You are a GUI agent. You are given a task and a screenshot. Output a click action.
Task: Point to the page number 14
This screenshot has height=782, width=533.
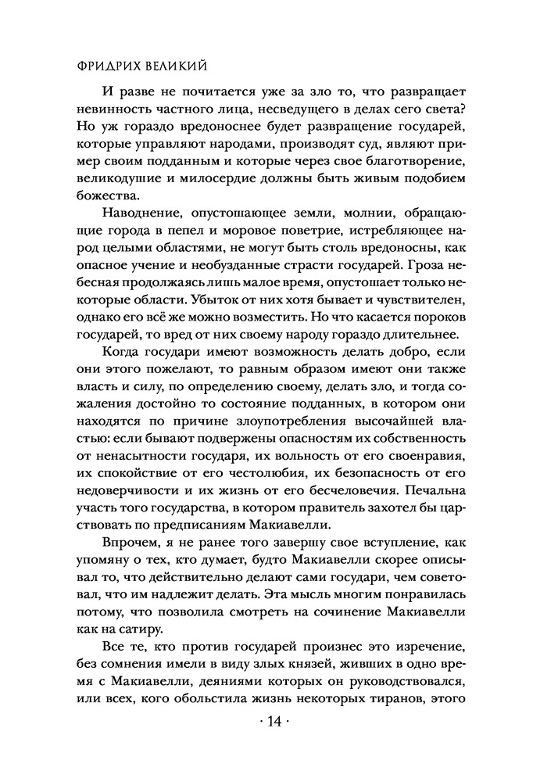pos(267,743)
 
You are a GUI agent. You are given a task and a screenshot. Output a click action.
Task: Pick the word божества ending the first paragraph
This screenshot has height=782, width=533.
pos(106,199)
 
